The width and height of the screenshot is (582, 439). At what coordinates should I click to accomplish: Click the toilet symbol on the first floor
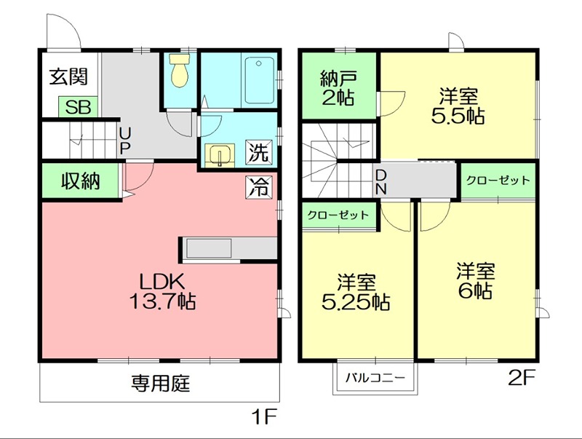pos(180,70)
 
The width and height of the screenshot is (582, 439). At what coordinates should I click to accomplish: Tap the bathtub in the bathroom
pos(259,80)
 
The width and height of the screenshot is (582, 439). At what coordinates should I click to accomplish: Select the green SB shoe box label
pos(79,107)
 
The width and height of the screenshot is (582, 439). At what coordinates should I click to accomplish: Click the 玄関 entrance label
pos(69,77)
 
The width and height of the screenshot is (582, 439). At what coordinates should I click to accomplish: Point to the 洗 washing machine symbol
pos(258,152)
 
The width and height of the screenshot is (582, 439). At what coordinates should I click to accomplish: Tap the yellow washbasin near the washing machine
pos(220,156)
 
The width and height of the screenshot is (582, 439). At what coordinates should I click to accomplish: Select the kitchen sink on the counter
pos(209,248)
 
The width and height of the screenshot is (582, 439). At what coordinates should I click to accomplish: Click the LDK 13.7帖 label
pos(162,291)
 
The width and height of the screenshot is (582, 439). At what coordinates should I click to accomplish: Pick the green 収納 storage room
pos(80,181)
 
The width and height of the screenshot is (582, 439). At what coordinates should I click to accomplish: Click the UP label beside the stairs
pos(124,141)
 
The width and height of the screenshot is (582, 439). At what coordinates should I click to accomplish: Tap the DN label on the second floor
pos(381,182)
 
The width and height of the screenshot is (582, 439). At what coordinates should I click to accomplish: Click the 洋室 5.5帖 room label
pos(458,106)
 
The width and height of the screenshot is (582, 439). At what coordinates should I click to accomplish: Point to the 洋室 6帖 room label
pos(476,281)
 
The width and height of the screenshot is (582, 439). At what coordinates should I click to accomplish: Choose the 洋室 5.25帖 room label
pos(356,292)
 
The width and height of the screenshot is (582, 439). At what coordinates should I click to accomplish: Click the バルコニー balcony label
pos(375,378)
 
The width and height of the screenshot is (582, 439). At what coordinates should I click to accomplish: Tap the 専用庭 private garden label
pos(160,383)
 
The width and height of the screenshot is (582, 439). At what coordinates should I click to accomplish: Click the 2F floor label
pos(522,379)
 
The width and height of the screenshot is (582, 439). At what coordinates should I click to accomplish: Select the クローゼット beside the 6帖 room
pos(498,181)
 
